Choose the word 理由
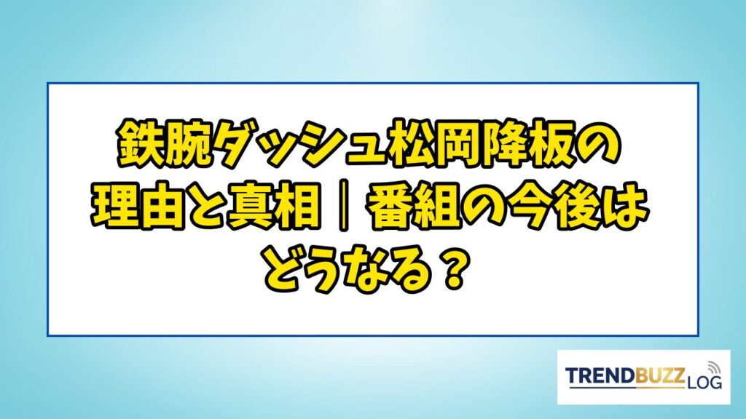[x=138, y=209]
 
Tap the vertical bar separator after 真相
[x=342, y=209]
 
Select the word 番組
[x=413, y=209]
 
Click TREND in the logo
[x=600, y=376]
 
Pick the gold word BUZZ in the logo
[x=659, y=376]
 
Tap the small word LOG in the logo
[x=704, y=382]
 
